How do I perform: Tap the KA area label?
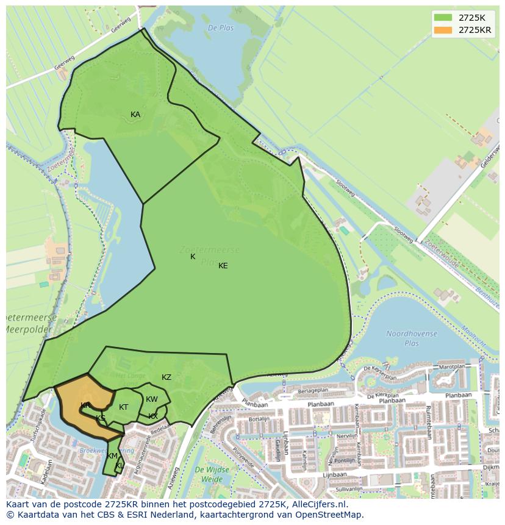(x=135, y=115)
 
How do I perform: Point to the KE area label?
(x=223, y=266)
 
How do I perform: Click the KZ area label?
(x=167, y=377)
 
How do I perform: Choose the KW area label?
(x=152, y=399)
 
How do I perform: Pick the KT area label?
(x=124, y=407)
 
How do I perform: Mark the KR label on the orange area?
(x=85, y=405)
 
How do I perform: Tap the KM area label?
(x=112, y=456)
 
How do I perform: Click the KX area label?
(x=153, y=416)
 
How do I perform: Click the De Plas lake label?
(x=220, y=28)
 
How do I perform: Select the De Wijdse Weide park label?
(x=212, y=474)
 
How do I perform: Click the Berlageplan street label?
(x=313, y=390)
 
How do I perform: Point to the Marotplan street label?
(x=452, y=368)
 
